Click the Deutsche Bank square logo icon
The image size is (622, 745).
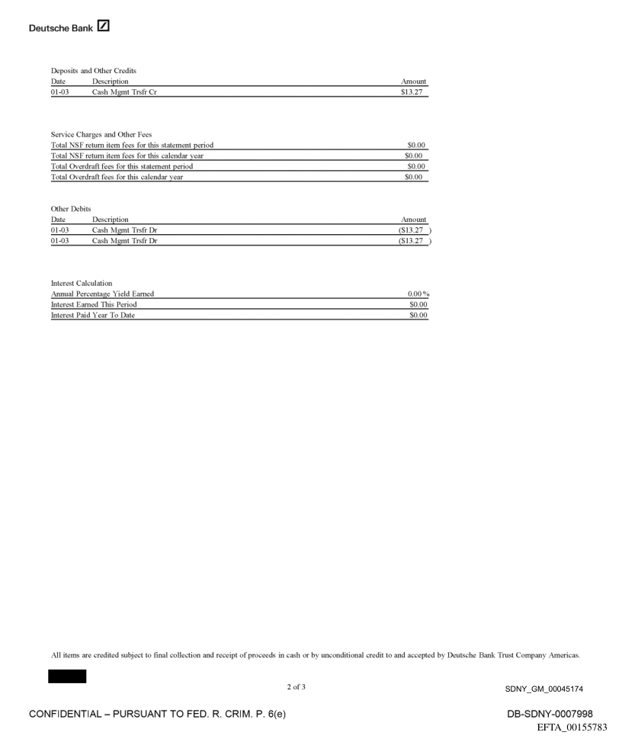[x=104, y=28]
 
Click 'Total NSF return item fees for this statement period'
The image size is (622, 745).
[x=132, y=145]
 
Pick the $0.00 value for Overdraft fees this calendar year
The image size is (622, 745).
[x=416, y=177]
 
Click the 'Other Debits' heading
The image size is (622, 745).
[x=70, y=208]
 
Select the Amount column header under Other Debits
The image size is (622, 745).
[x=414, y=219]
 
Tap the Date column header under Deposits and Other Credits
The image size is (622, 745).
[x=58, y=81]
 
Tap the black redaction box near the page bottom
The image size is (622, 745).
[x=67, y=676]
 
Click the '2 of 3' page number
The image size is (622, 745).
[x=297, y=688]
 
